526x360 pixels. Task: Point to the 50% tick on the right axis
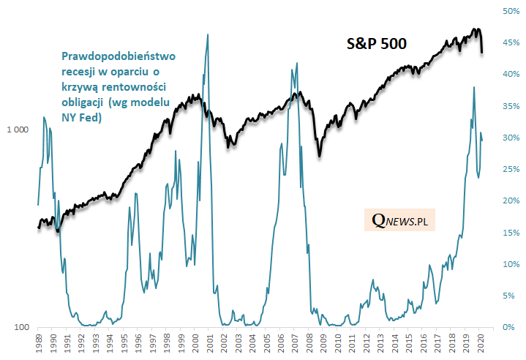(x=510, y=11)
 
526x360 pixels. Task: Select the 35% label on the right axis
(x=510, y=106)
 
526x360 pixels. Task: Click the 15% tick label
(x=510, y=233)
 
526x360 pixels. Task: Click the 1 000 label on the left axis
(x=18, y=130)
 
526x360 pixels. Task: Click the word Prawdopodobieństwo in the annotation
(x=119, y=56)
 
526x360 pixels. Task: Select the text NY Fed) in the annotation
(x=80, y=115)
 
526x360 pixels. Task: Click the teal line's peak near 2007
(x=296, y=63)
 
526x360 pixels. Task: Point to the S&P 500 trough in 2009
(x=320, y=155)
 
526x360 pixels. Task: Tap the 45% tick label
(x=510, y=43)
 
